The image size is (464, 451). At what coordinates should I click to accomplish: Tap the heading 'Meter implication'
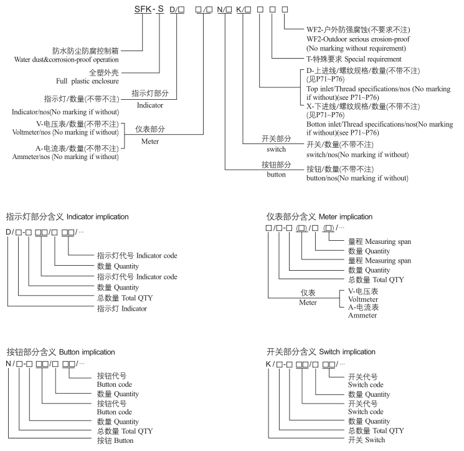[x=319, y=216]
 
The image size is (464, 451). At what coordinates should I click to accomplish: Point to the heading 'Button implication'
[x=61, y=352]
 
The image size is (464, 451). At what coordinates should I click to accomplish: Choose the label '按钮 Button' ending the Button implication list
[x=115, y=440]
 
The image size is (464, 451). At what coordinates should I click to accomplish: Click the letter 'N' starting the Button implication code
[x=9, y=364]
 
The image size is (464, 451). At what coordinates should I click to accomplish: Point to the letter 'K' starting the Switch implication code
[x=268, y=364]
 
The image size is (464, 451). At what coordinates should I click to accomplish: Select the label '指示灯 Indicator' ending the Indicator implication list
[x=121, y=308]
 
